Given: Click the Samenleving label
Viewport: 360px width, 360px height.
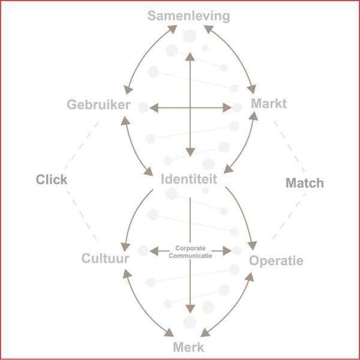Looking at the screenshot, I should point(190,16).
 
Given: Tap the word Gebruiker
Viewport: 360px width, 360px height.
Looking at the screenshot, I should point(98,105).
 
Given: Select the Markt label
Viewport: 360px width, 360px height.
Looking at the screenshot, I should point(269,104).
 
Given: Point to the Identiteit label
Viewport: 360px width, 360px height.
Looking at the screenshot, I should point(189,178).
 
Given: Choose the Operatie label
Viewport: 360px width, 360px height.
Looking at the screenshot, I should point(277,261).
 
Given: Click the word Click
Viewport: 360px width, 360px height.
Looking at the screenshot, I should point(52,179).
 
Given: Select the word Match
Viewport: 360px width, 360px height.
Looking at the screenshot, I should point(304,183).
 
